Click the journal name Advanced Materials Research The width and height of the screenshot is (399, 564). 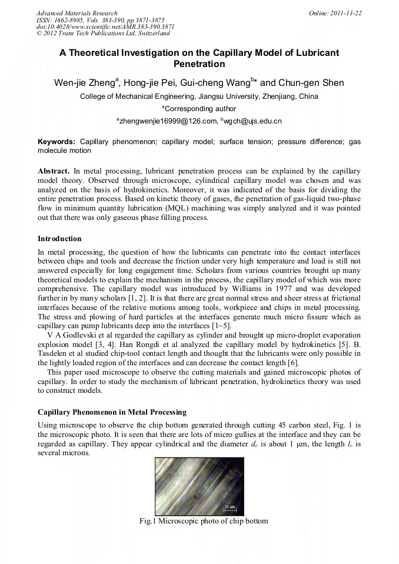pyautogui.click(x=77, y=13)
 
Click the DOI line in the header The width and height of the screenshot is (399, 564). pyautogui.click(x=105, y=27)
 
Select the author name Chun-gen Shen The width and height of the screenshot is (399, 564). pyautogui.click(x=311, y=83)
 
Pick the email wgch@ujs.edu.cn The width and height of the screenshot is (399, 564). pyautogui.click(x=252, y=121)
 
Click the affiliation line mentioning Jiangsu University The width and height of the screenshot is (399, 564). pyautogui.click(x=199, y=96)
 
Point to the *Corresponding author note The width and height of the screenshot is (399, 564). pyautogui.click(x=199, y=109)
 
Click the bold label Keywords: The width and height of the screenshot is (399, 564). pyautogui.click(x=56, y=142)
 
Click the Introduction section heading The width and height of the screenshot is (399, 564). pyautogui.click(x=59, y=239)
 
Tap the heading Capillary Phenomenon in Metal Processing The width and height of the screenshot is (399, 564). pyautogui.click(x=112, y=412)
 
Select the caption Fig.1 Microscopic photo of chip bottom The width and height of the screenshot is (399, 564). pyautogui.click(x=199, y=521)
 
